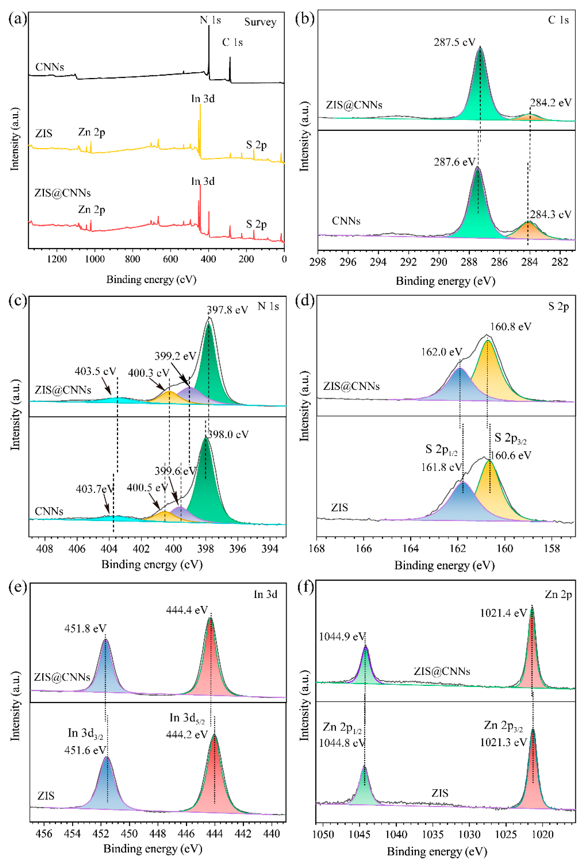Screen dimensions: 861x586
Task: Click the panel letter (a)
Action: [17, 19]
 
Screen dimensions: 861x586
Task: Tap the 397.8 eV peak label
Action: [227, 310]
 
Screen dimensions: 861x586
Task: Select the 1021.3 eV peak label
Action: [503, 742]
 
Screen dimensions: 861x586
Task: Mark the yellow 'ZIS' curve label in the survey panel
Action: [44, 133]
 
